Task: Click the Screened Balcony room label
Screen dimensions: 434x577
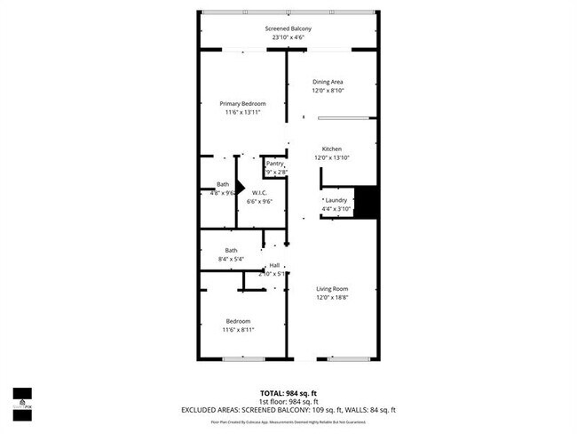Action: coord(288,28)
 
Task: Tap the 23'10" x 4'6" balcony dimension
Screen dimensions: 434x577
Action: coord(288,38)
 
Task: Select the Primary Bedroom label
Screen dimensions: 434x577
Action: coord(242,103)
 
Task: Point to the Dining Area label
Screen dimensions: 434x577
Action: coord(328,82)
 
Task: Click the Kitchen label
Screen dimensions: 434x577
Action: coord(331,149)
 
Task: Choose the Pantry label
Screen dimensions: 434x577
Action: coord(274,164)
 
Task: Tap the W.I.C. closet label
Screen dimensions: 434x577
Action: coord(260,192)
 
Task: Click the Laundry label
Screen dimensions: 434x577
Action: coord(336,200)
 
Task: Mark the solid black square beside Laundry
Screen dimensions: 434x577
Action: coord(367,202)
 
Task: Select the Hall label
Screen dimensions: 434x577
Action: coord(274,265)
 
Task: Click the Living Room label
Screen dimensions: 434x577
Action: coord(333,289)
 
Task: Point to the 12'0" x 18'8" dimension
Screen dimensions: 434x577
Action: coord(333,298)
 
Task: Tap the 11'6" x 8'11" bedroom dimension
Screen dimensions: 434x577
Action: coord(237,330)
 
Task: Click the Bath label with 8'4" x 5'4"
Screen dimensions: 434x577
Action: coord(231,250)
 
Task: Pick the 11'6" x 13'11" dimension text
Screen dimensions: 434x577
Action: coord(242,113)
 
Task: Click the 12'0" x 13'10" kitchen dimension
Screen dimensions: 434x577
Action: coord(331,157)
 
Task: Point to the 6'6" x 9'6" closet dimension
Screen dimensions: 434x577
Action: coord(260,201)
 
